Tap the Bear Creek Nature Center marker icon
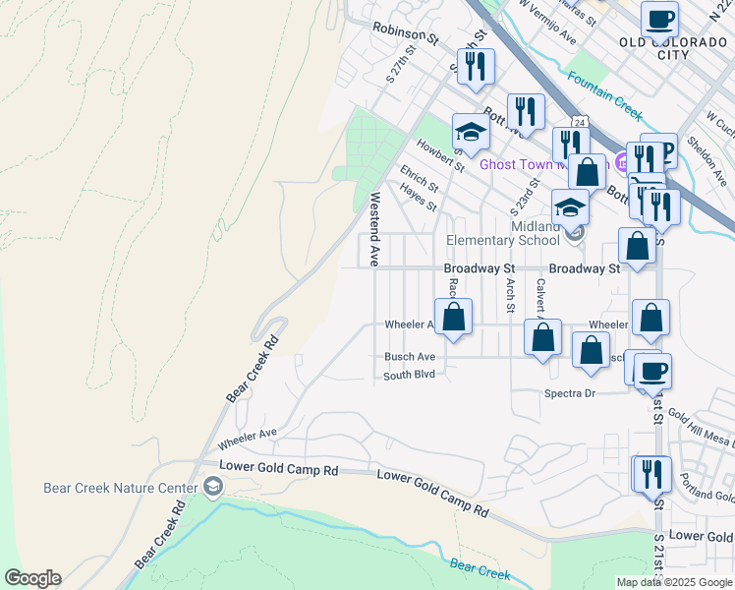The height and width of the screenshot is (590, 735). tap(212, 487)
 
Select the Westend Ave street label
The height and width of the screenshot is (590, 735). tap(374, 229)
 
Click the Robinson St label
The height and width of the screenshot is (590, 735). tap(405, 35)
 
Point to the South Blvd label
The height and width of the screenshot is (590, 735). tap(409, 375)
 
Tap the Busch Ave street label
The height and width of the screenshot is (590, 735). tap(410, 357)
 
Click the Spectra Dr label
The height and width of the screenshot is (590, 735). tap(570, 393)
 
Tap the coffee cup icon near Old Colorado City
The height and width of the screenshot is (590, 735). tap(659, 19)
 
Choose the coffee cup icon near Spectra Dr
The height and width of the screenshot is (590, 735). tap(653, 371)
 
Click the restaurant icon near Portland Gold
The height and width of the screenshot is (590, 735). tap(650, 473)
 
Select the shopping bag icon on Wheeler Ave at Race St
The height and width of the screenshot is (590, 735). tap(454, 317)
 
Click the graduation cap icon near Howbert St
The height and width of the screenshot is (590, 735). tap(471, 133)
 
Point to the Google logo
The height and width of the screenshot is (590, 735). tap(32, 578)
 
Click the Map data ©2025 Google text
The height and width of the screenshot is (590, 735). tap(674, 582)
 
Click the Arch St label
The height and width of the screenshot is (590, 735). tap(510, 295)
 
